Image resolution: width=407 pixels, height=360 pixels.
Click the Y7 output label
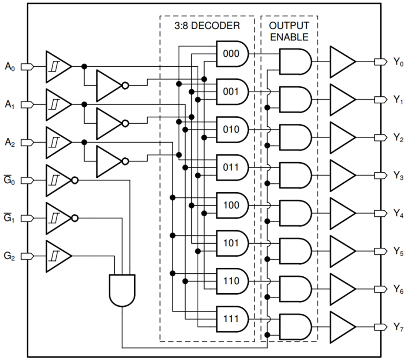[398, 327]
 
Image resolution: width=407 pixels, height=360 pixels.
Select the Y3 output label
[398, 176]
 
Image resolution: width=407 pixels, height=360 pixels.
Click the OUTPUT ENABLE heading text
[289, 31]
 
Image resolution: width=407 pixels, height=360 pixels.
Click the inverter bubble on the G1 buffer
[75, 218]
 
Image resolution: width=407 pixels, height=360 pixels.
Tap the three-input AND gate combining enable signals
[122, 290]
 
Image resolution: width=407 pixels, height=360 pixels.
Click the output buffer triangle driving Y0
[341, 62]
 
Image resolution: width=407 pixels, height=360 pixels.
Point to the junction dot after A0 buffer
[84, 66]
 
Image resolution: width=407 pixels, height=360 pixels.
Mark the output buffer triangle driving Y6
[341, 289]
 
